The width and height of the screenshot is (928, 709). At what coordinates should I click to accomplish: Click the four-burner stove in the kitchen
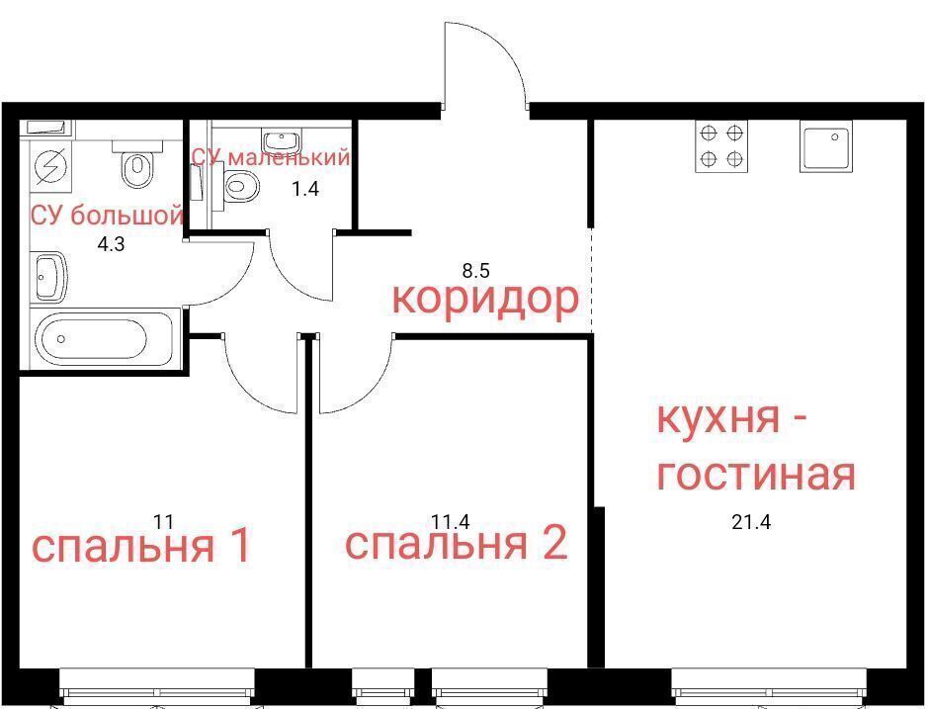(720, 145)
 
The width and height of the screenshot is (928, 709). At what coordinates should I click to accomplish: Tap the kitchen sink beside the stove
(827, 145)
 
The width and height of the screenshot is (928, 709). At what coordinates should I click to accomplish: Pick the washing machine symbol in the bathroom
(51, 166)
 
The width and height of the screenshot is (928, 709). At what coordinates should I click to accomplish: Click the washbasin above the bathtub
(49, 277)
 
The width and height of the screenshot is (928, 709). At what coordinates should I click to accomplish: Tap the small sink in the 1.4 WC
(282, 142)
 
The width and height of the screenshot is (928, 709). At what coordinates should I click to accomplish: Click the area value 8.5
(475, 271)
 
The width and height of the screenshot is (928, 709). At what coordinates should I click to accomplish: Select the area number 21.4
(751, 522)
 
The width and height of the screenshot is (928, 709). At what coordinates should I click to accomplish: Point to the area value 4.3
(111, 244)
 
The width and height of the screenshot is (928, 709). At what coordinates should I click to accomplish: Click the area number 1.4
(305, 189)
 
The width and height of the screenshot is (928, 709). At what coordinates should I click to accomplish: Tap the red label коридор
(485, 299)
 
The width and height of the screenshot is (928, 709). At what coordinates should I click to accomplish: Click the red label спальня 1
(142, 546)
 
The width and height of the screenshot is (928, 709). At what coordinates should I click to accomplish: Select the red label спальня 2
(457, 543)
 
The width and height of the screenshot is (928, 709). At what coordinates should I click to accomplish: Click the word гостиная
(756, 474)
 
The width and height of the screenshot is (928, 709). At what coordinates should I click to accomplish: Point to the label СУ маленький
(271, 157)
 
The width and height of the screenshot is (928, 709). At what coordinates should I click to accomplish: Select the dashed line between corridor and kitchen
(592, 280)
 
